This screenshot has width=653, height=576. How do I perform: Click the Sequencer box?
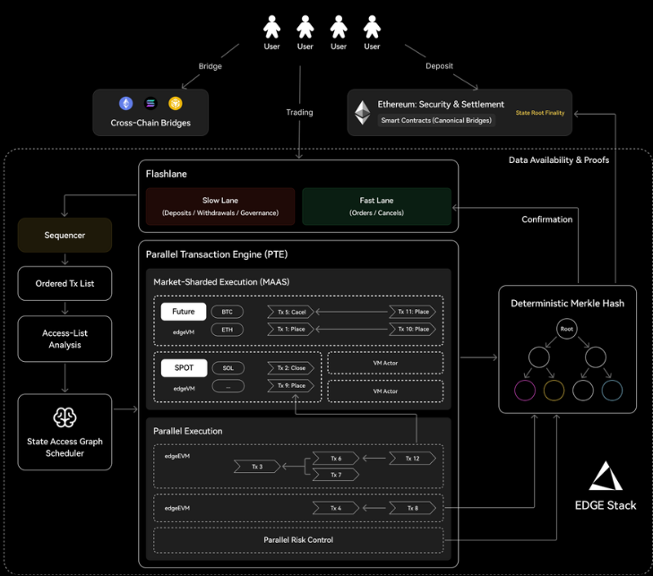pyautogui.click(x=64, y=235)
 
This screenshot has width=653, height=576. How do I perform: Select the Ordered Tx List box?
pyautogui.click(x=64, y=283)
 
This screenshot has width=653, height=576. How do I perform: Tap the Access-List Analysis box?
pyautogui.click(x=64, y=339)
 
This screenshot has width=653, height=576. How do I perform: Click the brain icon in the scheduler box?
pyautogui.click(x=65, y=417)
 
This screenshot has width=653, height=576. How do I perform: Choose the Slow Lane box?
pyautogui.click(x=220, y=206)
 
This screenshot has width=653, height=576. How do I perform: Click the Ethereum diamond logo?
pyautogui.click(x=363, y=111)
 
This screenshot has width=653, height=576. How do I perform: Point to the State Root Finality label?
pyautogui.click(x=541, y=113)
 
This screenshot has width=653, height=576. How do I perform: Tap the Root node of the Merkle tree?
pyautogui.click(x=566, y=329)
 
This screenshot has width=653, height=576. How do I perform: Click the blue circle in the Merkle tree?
pyautogui.click(x=612, y=390)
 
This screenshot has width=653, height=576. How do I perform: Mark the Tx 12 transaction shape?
pyautogui.click(x=412, y=458)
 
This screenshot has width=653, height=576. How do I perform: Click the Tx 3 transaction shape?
pyautogui.click(x=257, y=466)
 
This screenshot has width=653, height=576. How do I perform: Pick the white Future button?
pyautogui.click(x=184, y=312)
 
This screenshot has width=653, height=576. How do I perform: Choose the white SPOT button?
pyautogui.click(x=184, y=367)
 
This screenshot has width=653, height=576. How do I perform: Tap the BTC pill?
pyautogui.click(x=227, y=312)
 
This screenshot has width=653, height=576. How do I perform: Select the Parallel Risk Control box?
pyautogui.click(x=299, y=540)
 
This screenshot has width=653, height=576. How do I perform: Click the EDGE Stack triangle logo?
pyautogui.click(x=605, y=477)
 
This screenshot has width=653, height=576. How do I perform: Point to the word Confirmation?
pyautogui.click(x=546, y=219)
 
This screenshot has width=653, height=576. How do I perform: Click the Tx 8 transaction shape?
pyautogui.click(x=412, y=508)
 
